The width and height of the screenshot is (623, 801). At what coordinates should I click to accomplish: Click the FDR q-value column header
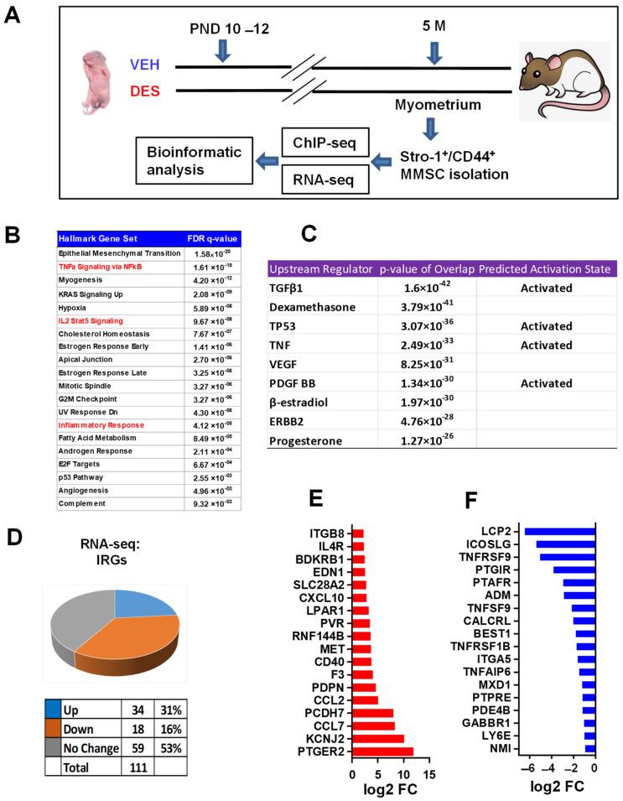pyautogui.click(x=212, y=237)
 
